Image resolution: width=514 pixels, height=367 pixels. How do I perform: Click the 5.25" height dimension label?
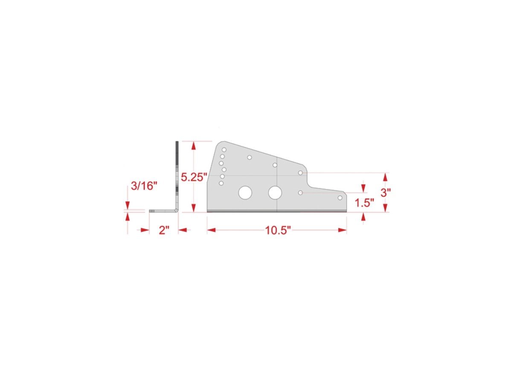pos(194,177)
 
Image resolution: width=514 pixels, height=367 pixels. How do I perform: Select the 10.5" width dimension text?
pos(278,230)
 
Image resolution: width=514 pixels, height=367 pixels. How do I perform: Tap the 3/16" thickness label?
pos(145,186)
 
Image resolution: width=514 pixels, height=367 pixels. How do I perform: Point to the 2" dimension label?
pos(164,230)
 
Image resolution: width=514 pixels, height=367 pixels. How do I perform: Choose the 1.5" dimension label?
pos(364,202)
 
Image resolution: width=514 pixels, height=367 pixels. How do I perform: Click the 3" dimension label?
pos(386,193)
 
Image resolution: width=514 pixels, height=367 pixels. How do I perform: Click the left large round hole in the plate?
pos(245,193)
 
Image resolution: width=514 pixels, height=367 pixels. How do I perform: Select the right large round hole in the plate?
pos(275,193)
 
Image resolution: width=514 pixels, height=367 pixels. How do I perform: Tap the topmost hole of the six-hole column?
pos(224,150)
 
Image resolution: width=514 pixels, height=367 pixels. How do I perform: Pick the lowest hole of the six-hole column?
pos(221,183)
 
